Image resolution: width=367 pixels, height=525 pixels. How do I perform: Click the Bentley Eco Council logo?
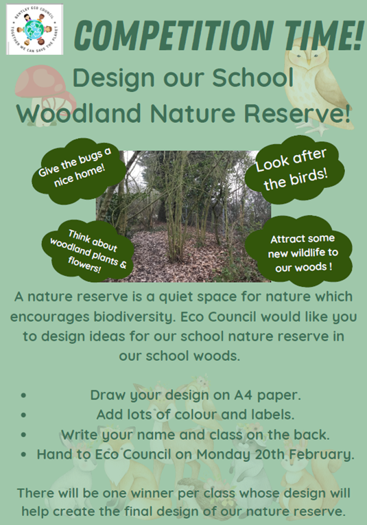[34, 29]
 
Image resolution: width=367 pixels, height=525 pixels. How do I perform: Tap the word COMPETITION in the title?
[174, 35]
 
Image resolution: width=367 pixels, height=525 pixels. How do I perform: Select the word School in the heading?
[253, 78]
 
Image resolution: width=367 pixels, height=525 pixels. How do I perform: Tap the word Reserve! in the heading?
[297, 113]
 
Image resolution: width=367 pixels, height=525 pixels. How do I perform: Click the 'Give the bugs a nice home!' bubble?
[77, 171]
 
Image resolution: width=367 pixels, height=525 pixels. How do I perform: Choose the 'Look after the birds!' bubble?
[294, 169]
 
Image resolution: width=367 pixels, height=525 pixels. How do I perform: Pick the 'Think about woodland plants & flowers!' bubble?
[88, 250]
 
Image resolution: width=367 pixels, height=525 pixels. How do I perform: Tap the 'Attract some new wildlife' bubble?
[298, 251]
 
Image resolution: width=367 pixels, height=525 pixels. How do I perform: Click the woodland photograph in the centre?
[183, 216]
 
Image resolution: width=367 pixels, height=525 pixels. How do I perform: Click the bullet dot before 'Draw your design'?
[23, 395]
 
